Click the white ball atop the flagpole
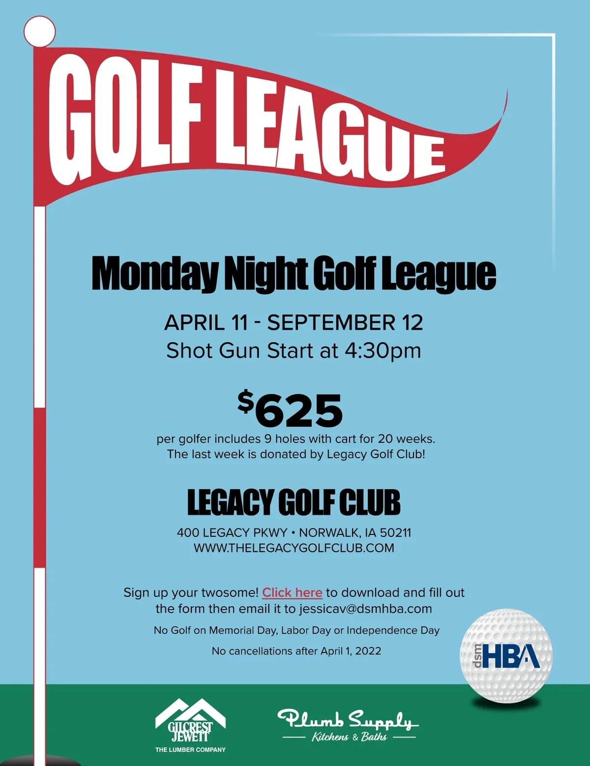click(x=39, y=31)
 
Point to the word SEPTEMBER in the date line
click(x=331, y=323)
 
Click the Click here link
click(x=292, y=592)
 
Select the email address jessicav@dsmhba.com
click(x=365, y=609)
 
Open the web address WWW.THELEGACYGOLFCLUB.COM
click(x=294, y=548)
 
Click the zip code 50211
click(x=396, y=532)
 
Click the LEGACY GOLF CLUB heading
click(x=294, y=502)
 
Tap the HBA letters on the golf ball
click(x=511, y=655)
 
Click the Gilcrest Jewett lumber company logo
click(x=190, y=722)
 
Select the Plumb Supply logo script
click(x=347, y=720)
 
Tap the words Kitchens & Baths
click(x=349, y=737)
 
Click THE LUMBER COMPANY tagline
click(x=190, y=750)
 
